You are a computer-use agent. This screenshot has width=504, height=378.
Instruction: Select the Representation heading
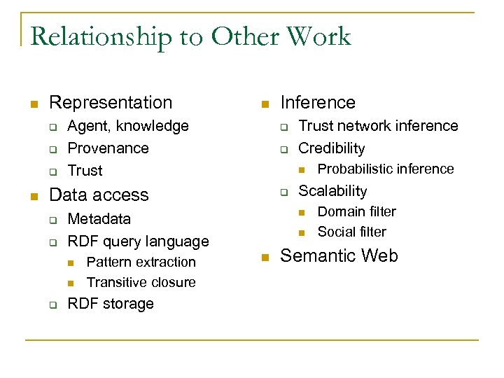(x=111, y=103)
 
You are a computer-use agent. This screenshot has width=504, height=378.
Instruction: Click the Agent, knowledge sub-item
(x=128, y=126)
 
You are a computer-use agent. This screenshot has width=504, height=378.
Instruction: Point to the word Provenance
(x=108, y=148)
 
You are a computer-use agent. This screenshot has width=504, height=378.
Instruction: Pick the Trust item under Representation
(x=85, y=171)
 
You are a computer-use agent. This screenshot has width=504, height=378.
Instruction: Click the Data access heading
(x=99, y=195)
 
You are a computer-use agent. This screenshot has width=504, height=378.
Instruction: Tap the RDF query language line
(x=138, y=241)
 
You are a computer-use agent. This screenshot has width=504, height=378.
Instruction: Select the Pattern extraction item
(x=141, y=262)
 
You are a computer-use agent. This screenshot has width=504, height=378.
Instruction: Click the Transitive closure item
(x=141, y=283)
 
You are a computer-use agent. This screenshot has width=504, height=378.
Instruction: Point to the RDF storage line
(x=110, y=304)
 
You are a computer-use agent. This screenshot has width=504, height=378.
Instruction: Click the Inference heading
(x=318, y=103)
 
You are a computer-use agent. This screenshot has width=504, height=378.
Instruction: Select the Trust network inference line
(x=378, y=126)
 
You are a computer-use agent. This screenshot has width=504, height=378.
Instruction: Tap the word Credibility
(x=332, y=148)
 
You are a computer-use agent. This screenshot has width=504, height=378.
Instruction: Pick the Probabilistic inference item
(x=386, y=169)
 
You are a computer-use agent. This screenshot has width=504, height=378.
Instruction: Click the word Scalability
(x=332, y=191)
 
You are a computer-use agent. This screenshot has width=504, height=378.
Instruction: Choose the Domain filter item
(x=356, y=211)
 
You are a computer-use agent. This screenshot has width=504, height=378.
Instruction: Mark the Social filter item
(x=351, y=232)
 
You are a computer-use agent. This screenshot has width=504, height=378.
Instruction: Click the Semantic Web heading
(x=339, y=256)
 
